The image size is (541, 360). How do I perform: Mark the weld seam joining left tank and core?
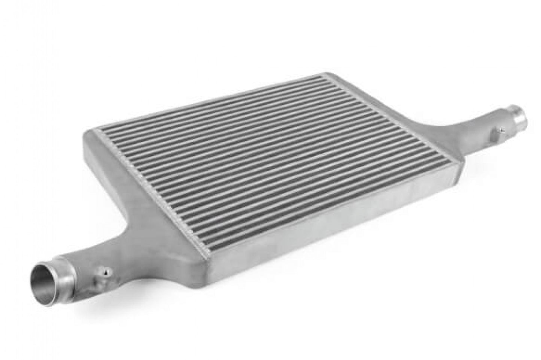point(150,187)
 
